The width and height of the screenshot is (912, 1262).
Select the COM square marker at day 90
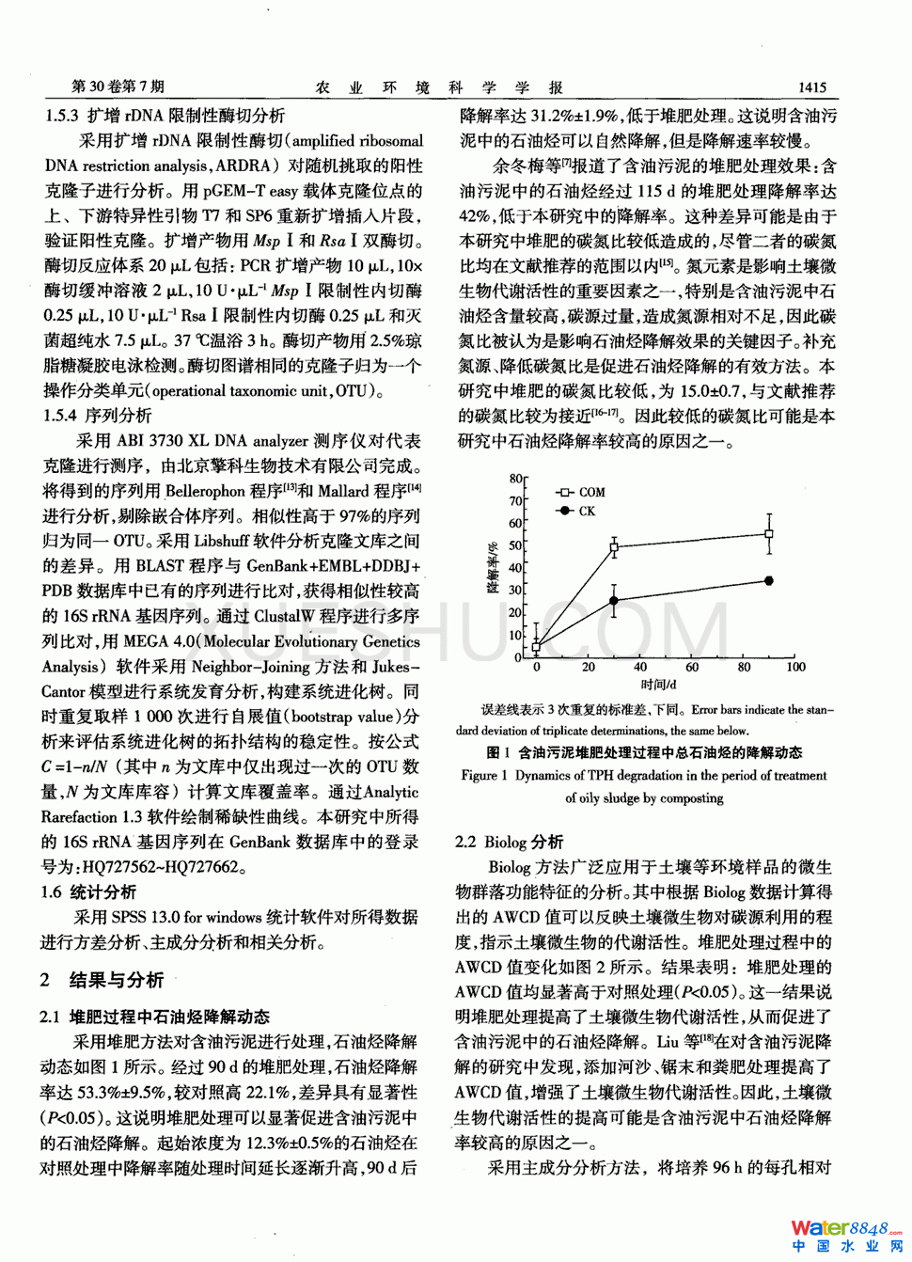click(x=769, y=534)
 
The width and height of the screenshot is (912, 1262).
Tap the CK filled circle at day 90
click(x=769, y=581)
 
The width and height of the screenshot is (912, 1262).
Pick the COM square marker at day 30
click(x=614, y=546)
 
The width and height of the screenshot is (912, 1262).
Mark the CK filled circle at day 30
click(x=614, y=601)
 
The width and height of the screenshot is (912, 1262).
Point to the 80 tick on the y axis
click(x=516, y=479)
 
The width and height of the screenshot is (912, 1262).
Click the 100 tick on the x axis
click(x=795, y=667)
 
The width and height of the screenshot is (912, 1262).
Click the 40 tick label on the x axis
click(x=640, y=667)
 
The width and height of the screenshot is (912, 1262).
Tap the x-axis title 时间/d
click(x=658, y=685)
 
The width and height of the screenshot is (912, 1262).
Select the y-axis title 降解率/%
click(x=492, y=567)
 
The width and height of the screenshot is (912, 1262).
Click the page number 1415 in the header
click(x=811, y=87)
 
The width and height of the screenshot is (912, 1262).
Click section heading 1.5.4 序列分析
click(x=97, y=416)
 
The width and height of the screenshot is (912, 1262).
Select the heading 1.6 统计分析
click(x=88, y=891)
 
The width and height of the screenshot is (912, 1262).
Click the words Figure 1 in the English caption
click(x=484, y=776)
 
